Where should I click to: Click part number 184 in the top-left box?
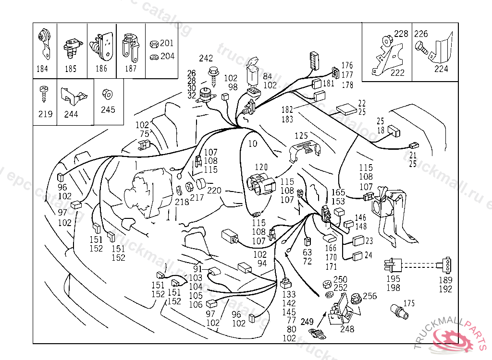pos(42,69)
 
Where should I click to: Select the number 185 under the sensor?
pos(71,69)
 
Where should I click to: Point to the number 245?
pos(108,109)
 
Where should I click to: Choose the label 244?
pos(71,114)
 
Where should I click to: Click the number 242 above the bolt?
pos(206,58)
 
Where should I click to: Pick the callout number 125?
pos(301,136)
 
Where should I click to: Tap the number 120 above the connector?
pos(261,168)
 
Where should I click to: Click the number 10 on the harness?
pos(253,144)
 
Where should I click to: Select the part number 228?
pos(401,34)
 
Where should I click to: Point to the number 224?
pos(441,69)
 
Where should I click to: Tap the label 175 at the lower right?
pos(409,303)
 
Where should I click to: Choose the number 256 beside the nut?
pos(370,296)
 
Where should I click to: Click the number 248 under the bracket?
pos(347,329)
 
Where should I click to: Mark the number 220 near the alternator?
pos(214,190)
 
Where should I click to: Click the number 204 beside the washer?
pos(167,56)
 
